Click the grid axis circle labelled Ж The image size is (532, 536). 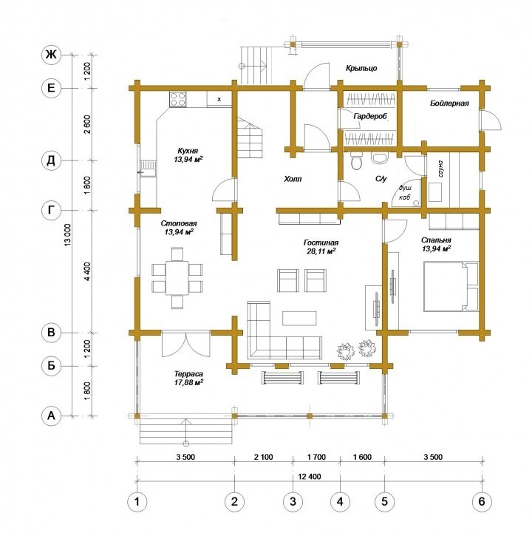pos(51,55)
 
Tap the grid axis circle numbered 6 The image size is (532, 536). pos(482,501)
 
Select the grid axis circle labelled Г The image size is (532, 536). pos(51,210)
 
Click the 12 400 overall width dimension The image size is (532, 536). pos(310,477)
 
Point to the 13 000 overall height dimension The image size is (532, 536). pos(67,235)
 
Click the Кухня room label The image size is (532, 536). pos(188,151)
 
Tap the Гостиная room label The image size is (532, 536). pos(321,242)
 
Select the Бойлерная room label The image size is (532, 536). pos(449,103)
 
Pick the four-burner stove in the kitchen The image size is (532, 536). pos(178,100)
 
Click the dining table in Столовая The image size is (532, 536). pos(177,278)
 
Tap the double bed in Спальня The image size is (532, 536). pos(451,286)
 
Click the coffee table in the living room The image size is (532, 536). pos(299,318)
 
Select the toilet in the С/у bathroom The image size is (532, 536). pos(357,160)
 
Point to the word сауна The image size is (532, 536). pos(440,168)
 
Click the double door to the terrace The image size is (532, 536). pos(185,344)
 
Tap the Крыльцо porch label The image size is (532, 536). pos(361,68)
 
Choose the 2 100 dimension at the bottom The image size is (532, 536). pos(264,457)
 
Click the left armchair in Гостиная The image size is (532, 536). pos(287,280)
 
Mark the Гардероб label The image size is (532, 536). pos(370,117)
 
